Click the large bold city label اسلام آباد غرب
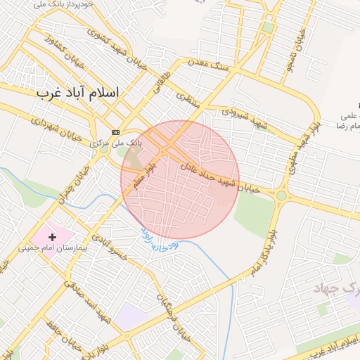tap(77, 93)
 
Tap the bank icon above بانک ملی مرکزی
tap(115, 132)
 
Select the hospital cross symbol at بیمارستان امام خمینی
tap(52, 237)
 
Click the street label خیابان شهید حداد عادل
tap(220, 176)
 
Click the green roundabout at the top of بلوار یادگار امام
tap(281, 195)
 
